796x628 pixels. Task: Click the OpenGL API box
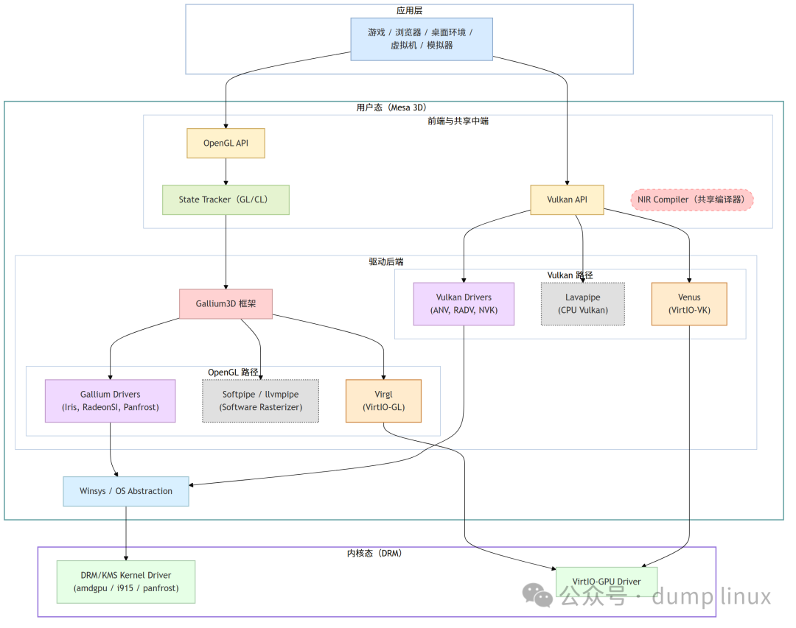tap(226, 144)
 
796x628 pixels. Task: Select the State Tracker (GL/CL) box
tap(226, 200)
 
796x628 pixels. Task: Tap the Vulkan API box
tap(567, 200)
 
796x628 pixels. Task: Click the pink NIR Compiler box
tap(692, 200)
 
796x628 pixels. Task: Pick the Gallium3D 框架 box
tap(226, 303)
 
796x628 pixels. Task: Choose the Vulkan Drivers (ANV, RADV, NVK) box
tap(464, 303)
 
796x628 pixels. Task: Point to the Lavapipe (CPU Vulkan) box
tap(582, 303)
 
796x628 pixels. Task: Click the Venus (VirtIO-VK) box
tap(689, 303)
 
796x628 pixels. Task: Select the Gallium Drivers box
tap(110, 401)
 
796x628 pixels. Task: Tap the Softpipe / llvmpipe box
tap(260, 401)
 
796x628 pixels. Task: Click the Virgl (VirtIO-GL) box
tap(383, 401)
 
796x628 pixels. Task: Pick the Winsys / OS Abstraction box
tap(126, 491)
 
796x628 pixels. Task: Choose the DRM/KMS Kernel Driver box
tap(126, 582)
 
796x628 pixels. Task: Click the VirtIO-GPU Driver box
tap(606, 582)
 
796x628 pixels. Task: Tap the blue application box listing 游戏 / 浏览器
tap(421, 38)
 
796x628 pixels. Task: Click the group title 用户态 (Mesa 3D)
tap(391, 107)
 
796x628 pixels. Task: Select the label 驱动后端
tap(386, 261)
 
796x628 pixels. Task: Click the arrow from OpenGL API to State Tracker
tap(226, 172)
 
